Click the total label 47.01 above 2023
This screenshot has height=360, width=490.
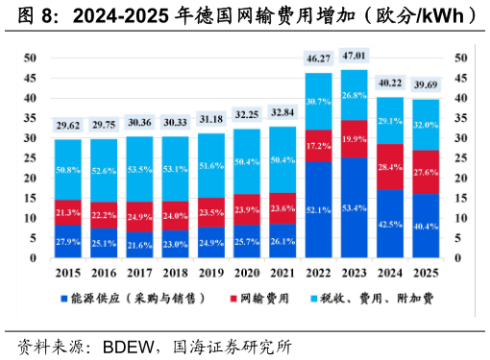(x=355, y=59)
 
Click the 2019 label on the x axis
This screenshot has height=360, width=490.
(x=211, y=272)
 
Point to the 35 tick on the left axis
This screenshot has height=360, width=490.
(x=31, y=118)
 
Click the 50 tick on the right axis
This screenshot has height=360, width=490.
(x=458, y=58)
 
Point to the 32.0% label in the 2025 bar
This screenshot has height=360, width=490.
(x=426, y=125)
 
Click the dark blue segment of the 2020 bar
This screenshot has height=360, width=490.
(x=247, y=242)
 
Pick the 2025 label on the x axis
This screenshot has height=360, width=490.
(x=426, y=272)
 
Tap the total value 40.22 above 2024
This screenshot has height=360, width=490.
(x=390, y=82)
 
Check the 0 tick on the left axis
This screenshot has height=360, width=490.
(x=34, y=258)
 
